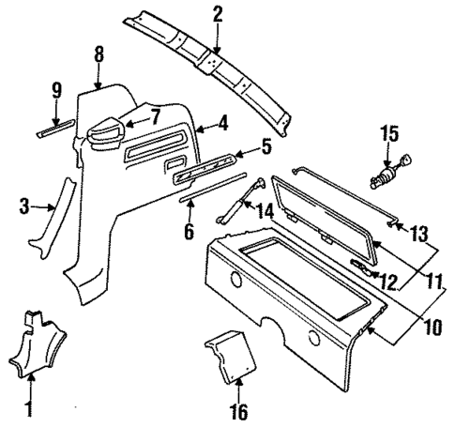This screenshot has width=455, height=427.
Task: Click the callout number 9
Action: click(x=55, y=91)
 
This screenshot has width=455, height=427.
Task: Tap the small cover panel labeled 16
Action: click(x=230, y=354)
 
